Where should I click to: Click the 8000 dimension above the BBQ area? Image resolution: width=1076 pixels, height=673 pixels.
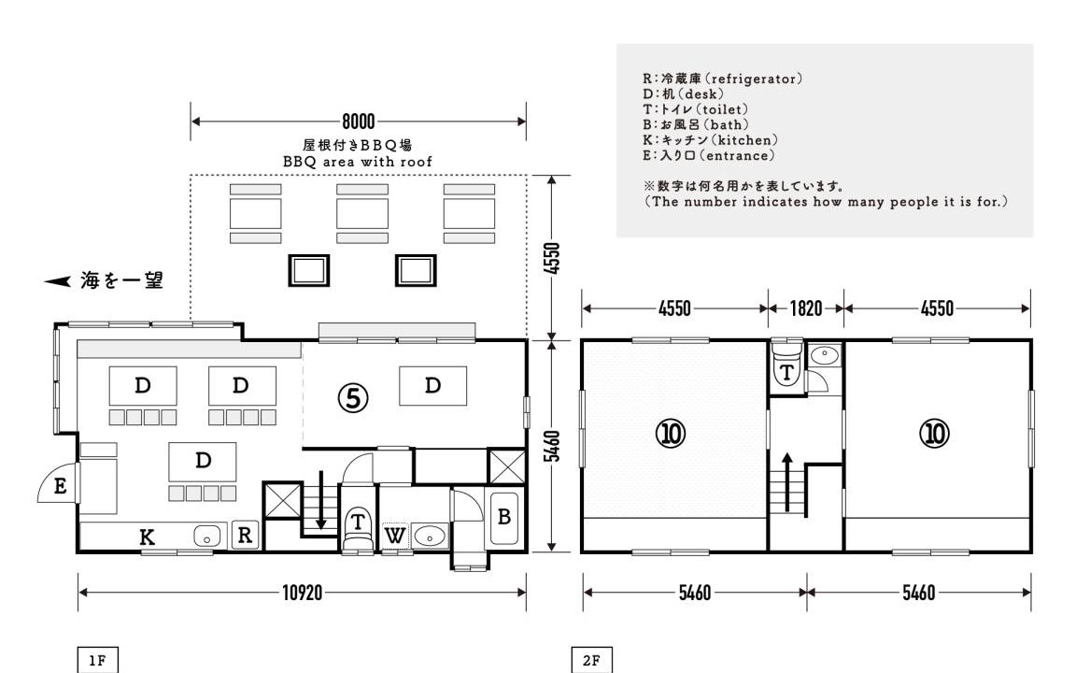click(x=359, y=122)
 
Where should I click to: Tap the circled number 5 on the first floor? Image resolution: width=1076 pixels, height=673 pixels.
click(x=353, y=397)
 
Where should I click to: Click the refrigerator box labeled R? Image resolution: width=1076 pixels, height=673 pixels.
click(x=245, y=535)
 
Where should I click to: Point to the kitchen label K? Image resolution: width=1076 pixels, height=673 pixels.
click(x=147, y=537)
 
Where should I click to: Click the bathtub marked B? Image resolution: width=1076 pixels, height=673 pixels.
click(x=503, y=518)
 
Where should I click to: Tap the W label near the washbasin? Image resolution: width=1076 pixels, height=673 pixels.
click(x=394, y=536)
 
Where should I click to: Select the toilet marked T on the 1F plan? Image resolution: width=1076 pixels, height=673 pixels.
click(x=358, y=527)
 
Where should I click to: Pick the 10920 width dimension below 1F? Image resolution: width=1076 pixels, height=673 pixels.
click(x=302, y=593)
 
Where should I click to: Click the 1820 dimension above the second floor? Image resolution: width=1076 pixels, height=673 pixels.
click(x=806, y=308)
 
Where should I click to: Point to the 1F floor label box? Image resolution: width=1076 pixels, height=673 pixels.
click(x=97, y=660)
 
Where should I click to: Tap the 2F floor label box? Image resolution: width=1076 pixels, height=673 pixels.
click(x=591, y=660)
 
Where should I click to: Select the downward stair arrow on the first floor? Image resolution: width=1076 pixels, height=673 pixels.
click(x=320, y=501)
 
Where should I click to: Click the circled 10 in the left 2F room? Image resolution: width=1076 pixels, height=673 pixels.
click(x=671, y=434)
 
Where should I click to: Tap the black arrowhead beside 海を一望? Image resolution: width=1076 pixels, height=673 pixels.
click(x=58, y=280)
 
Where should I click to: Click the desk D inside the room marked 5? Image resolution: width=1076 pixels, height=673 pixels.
click(x=433, y=386)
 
